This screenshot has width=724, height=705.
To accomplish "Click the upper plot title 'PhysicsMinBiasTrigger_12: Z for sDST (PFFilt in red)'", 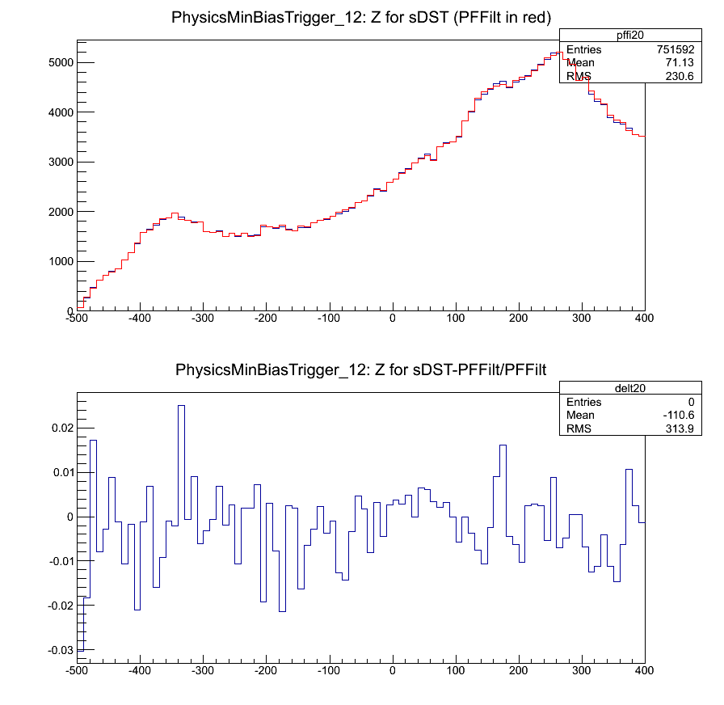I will [x=361, y=18].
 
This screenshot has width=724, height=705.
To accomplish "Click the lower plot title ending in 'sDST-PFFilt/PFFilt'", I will [x=361, y=370].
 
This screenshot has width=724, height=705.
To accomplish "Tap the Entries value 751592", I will [x=675, y=49].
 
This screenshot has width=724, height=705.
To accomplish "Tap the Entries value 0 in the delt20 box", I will [x=691, y=402].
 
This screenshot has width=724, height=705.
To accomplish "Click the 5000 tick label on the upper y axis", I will [x=60, y=62].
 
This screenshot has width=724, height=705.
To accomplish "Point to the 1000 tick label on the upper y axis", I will [x=60, y=261].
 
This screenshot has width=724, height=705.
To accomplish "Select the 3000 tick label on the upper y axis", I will [x=60, y=162].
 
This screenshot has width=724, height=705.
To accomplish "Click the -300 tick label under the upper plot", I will [x=203, y=318].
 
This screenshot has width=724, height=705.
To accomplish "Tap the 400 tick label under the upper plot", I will [x=644, y=318].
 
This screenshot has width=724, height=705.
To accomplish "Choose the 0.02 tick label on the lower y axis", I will [x=61, y=428].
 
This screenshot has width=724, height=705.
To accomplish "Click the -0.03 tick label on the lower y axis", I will [x=59, y=650].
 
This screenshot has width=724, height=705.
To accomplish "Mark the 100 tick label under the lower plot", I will [x=456, y=671].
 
